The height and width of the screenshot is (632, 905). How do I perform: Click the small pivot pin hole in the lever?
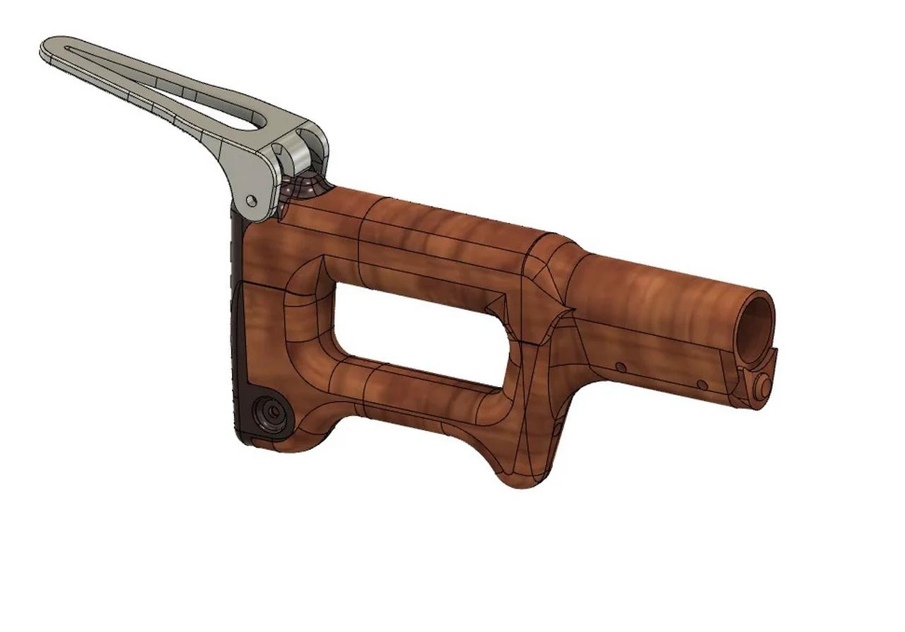pyautogui.click(x=251, y=201)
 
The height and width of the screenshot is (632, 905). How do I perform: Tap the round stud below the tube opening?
pyautogui.click(x=762, y=385)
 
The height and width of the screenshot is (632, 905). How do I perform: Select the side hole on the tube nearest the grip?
pyautogui.click(x=620, y=367)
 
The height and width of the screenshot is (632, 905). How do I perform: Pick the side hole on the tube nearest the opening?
pyautogui.click(x=701, y=384)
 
